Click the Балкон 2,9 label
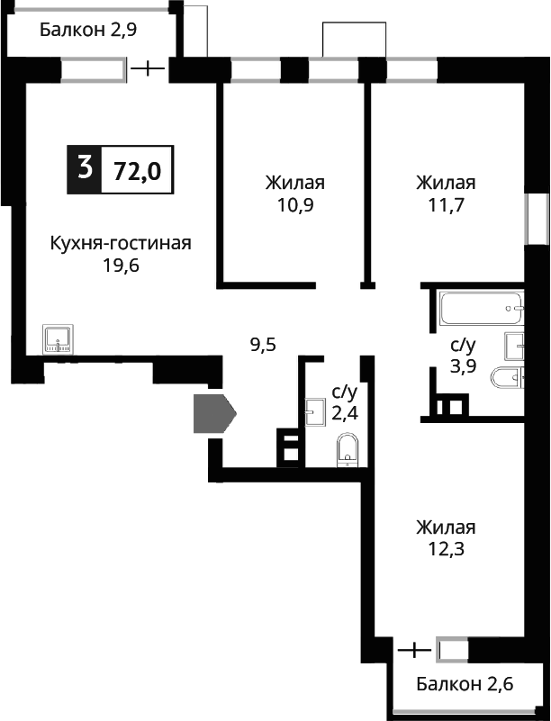tap(87, 30)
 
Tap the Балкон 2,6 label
tap(465, 685)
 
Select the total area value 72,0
tap(137, 169)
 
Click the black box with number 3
tap(85, 167)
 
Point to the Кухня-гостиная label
tap(121, 243)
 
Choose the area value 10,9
tap(294, 204)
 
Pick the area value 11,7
tap(446, 204)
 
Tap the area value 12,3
tap(445, 548)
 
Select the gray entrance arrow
tap(213, 414)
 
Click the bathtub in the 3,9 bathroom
tap(481, 311)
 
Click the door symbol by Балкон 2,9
tap(148, 68)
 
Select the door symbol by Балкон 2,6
tap(413, 649)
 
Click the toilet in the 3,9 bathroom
tap(506, 379)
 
